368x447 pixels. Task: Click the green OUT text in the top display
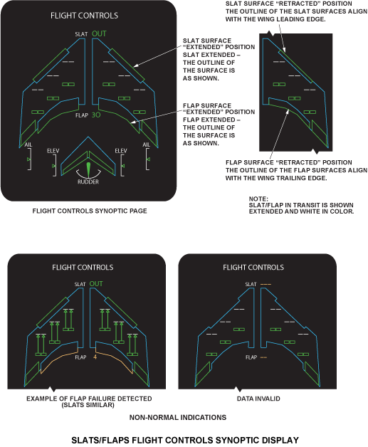(99, 33)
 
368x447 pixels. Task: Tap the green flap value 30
(96, 115)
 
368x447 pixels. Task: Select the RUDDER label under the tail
(88, 182)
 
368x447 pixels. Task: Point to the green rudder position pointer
(88, 170)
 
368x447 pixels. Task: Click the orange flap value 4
(95, 357)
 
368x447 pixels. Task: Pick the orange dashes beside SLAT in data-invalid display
(266, 284)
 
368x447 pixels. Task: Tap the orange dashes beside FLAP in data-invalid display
(263, 357)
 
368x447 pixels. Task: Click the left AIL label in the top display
(28, 144)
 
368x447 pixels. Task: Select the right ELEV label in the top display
(121, 151)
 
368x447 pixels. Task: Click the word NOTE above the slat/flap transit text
(258, 199)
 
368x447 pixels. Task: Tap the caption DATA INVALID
(258, 399)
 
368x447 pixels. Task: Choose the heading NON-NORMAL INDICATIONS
(178, 417)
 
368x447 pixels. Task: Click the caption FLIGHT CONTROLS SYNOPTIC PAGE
(90, 211)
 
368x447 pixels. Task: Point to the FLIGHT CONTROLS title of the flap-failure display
(83, 268)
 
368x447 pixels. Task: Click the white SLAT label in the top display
(81, 34)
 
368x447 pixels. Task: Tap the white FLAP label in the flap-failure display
(80, 357)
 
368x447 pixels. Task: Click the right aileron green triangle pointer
(148, 159)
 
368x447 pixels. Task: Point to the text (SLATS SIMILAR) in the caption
(88, 405)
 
